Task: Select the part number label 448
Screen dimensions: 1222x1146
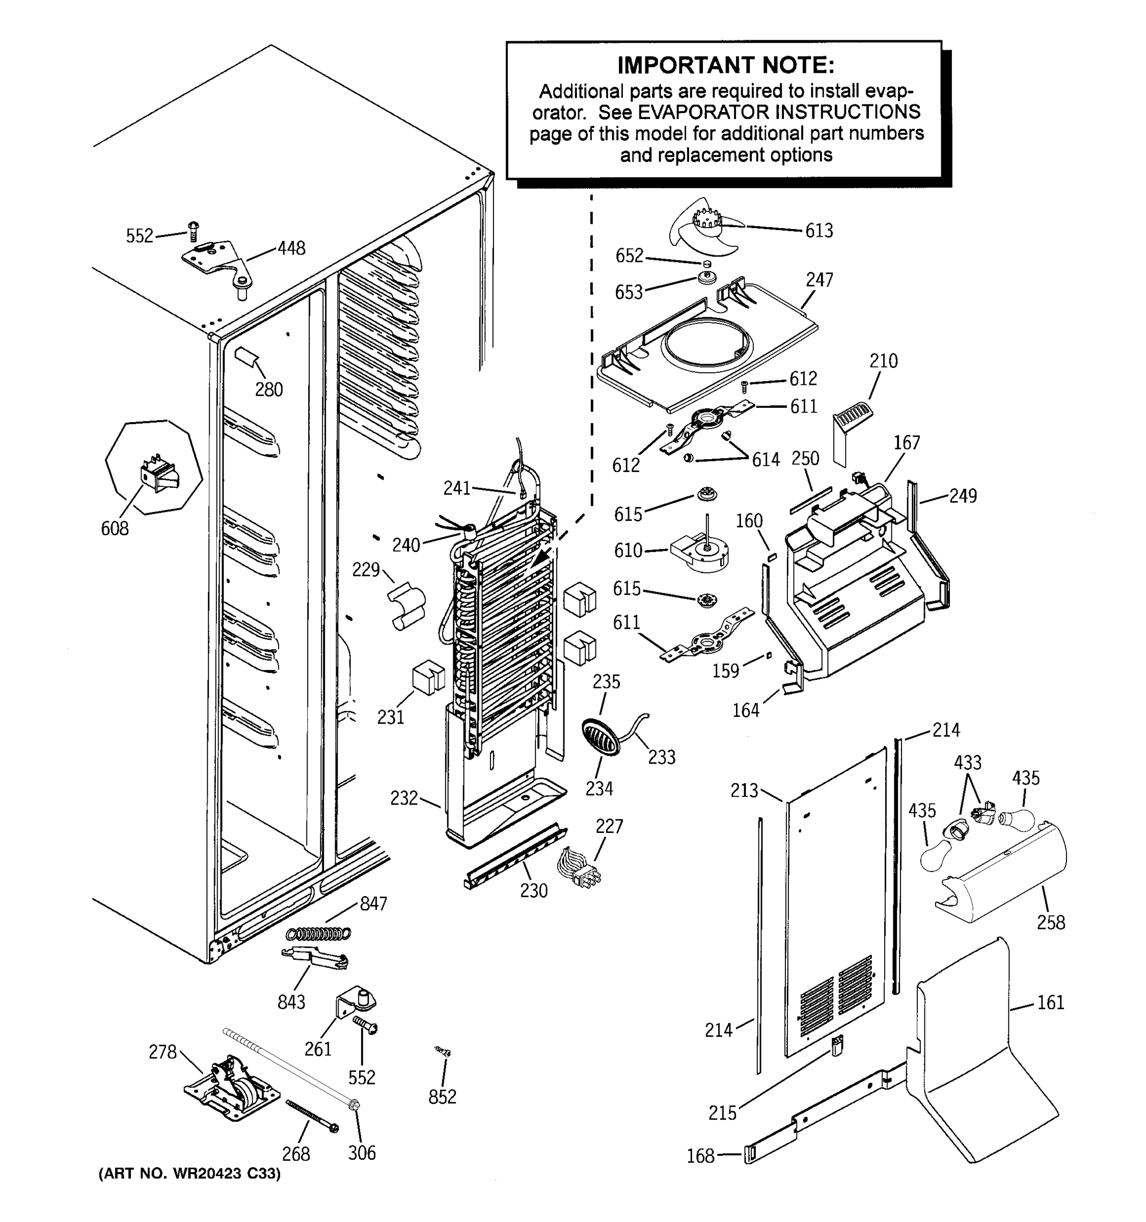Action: [291, 248]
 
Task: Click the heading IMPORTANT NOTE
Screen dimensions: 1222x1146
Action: [725, 65]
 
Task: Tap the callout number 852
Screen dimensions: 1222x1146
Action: [442, 1097]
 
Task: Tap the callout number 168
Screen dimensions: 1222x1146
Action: [700, 1156]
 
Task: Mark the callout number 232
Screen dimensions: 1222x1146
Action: [404, 798]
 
